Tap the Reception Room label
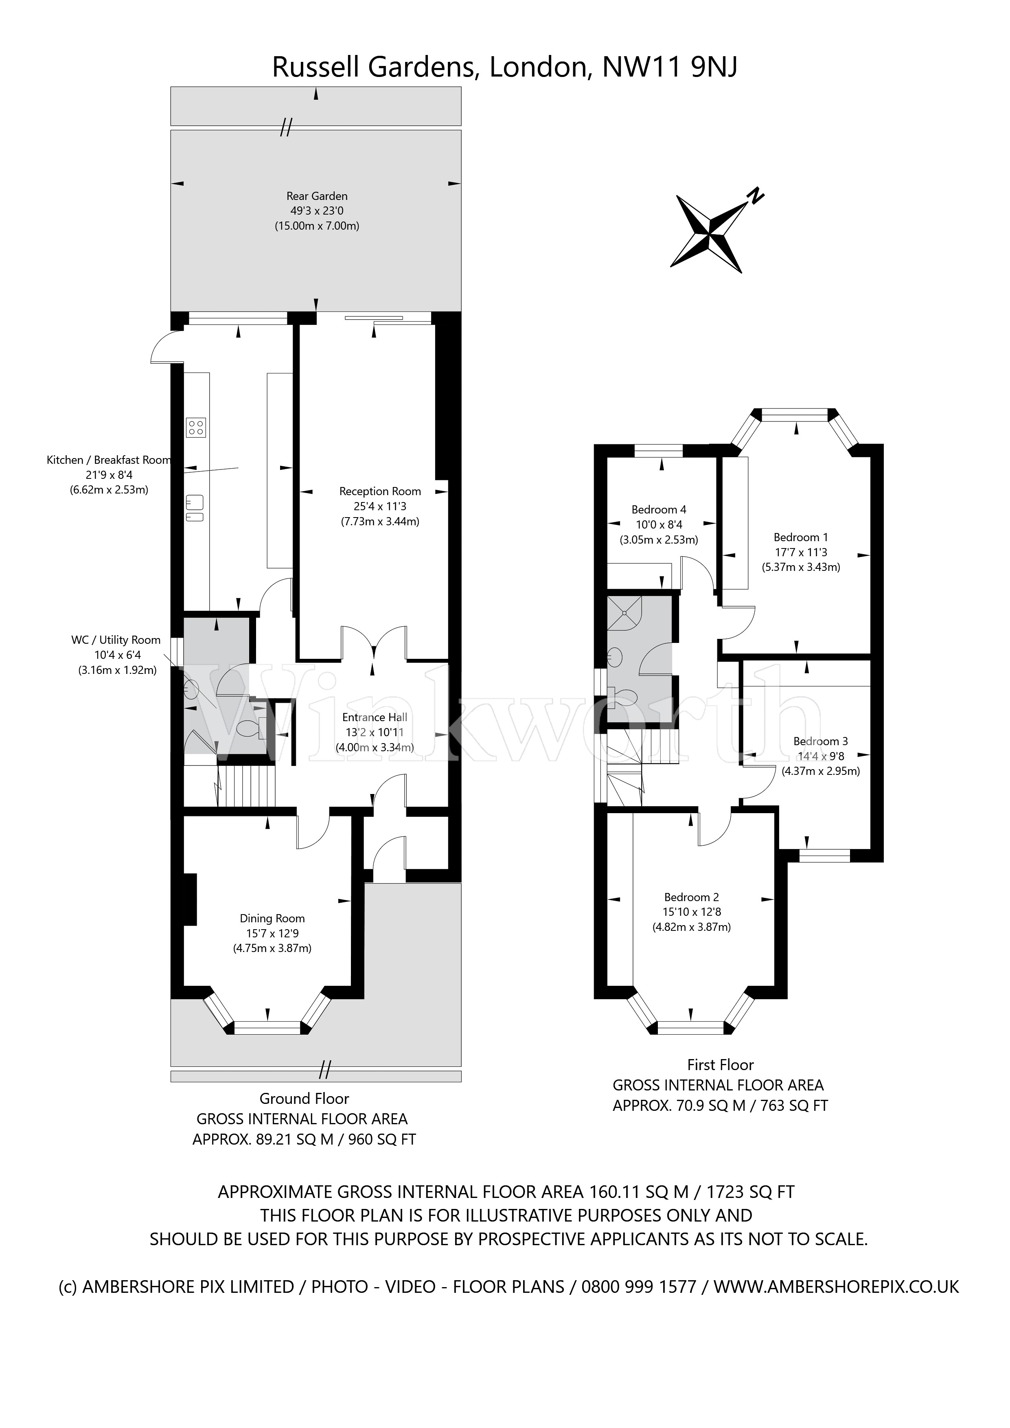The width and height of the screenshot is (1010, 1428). tap(379, 491)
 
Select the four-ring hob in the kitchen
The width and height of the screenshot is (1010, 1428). tap(195, 427)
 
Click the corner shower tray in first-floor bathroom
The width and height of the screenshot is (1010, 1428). tap(624, 613)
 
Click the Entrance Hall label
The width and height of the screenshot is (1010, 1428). tap(375, 717)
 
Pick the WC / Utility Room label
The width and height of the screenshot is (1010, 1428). tap(116, 640)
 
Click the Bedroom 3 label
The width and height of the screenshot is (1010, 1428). tap(820, 741)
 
